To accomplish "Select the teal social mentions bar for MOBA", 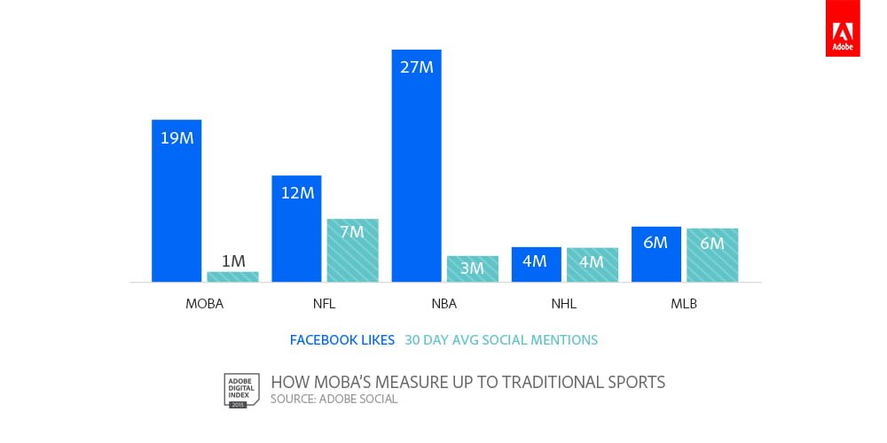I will (232, 276).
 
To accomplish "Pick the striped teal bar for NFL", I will (352, 251).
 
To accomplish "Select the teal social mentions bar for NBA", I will (473, 268).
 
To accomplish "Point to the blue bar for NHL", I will (536, 264).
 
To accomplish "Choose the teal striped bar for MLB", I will (712, 255).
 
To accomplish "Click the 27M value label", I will (416, 67).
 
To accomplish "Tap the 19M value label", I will (177, 138).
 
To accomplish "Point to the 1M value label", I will (232, 261).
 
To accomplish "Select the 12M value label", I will (296, 192).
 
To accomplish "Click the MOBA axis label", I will (204, 304).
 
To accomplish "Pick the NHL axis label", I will (563, 304).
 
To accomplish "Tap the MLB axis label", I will (684, 304).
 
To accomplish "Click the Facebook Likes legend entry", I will (342, 339).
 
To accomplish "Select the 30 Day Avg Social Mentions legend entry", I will (501, 339).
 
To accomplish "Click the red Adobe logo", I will (842, 28).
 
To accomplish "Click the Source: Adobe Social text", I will (334, 400).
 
